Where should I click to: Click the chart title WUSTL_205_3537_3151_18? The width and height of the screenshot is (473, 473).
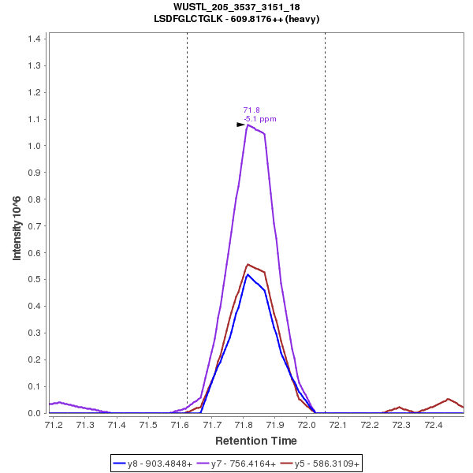236,7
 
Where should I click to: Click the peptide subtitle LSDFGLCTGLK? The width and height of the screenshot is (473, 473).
236,18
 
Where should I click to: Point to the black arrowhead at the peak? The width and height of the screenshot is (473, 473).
240,125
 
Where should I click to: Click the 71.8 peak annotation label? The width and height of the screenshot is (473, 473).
251,110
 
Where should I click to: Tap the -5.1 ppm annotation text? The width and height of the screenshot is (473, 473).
260,119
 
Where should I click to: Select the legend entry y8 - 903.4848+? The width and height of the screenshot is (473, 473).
160,464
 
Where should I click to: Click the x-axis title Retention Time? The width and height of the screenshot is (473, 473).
256,441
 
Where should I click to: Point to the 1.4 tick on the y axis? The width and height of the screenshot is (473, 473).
35,39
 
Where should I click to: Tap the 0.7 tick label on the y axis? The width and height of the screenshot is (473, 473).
35,226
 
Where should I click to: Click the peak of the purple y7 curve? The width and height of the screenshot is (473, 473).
248,125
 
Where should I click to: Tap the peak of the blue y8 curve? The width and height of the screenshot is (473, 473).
248,274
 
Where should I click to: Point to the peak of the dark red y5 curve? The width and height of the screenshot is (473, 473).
248,264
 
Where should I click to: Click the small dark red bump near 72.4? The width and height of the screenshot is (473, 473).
448,399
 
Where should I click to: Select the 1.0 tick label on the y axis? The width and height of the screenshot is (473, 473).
35,146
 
